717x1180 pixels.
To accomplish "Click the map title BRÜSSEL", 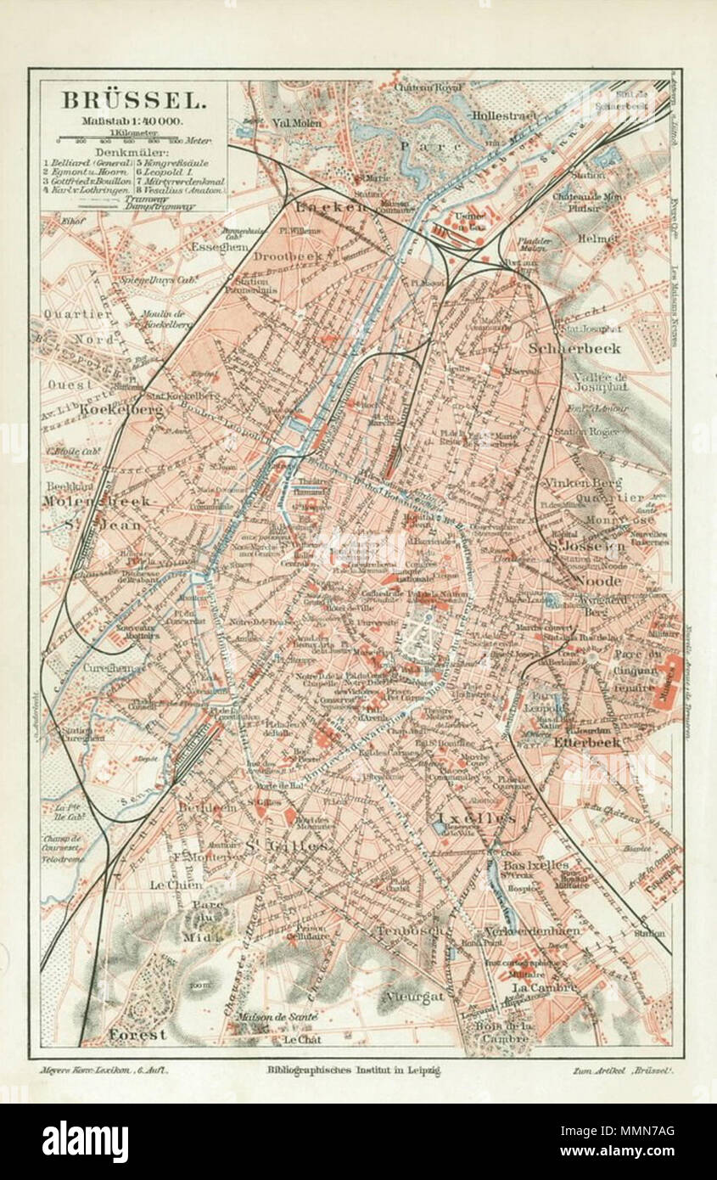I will pos(132,99).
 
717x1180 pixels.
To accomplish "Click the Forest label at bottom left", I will pos(137,1034).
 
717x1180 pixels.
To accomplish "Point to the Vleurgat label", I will pos(413,996).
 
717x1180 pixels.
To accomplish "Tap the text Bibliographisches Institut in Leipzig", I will pos(353,1071).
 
